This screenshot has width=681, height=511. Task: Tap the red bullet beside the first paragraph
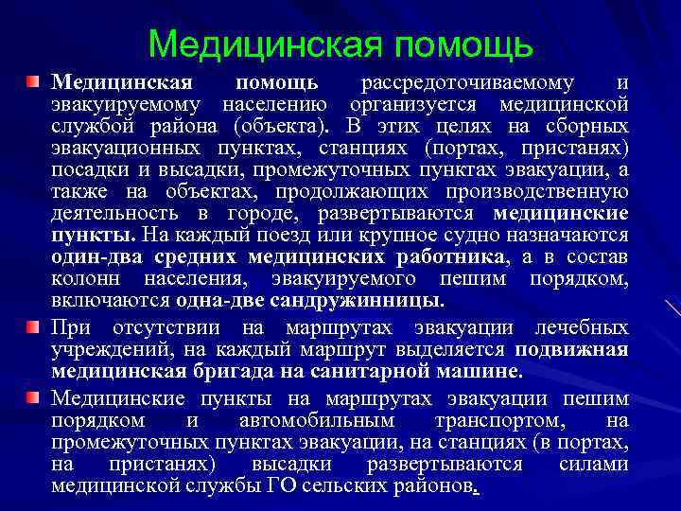(34, 82)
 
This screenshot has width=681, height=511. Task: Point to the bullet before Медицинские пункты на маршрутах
(34, 396)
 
